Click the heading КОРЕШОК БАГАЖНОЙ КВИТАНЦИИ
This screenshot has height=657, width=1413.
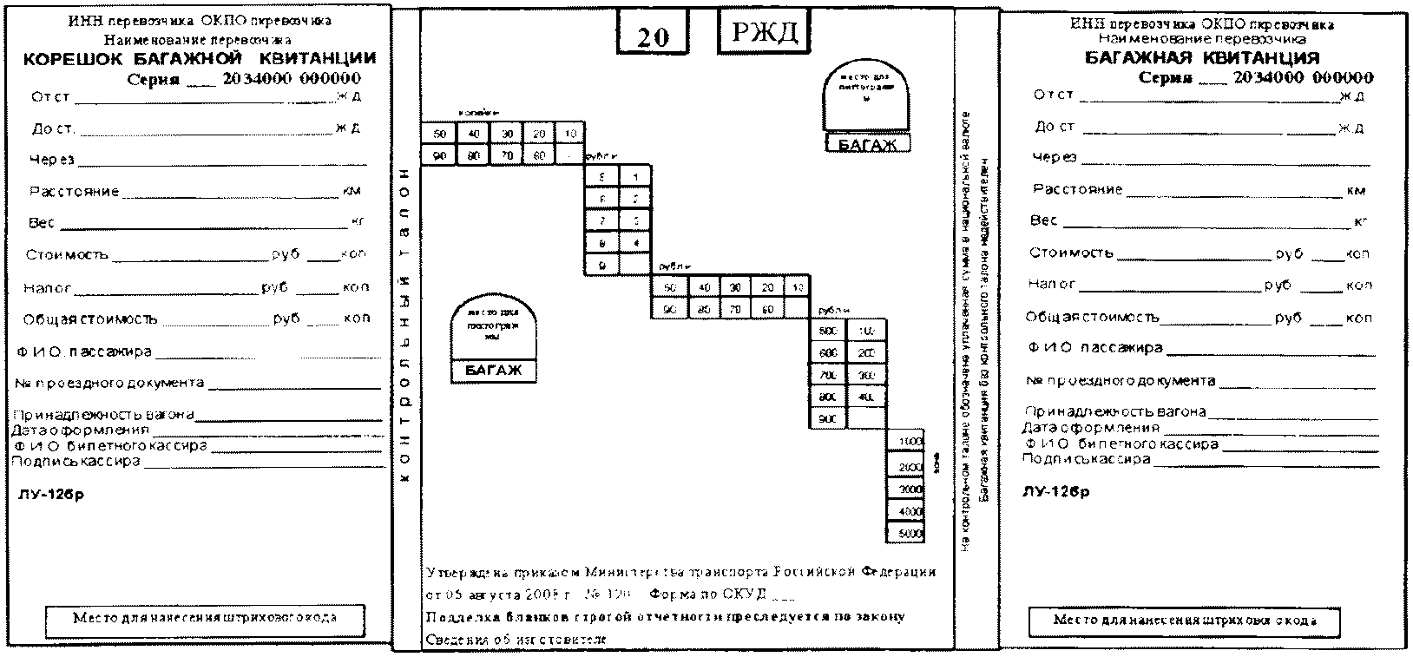(200, 59)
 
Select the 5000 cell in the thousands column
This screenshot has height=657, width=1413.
(906, 534)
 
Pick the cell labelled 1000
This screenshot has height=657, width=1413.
(906, 442)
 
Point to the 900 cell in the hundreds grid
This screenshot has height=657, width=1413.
(828, 419)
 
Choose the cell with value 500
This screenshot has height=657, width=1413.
(828, 331)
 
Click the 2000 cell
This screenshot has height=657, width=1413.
(906, 467)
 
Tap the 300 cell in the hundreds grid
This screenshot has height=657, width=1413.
(866, 375)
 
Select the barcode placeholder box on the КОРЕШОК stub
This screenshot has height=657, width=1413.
(205, 619)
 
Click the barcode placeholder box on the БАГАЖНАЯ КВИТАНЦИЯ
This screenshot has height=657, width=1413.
(1184, 621)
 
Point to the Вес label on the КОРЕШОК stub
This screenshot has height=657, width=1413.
(42, 223)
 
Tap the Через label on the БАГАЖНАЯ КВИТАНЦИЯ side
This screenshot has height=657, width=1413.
(1054, 157)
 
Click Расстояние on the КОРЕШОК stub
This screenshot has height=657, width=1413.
(74, 191)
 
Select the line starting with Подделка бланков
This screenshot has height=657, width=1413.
(665, 616)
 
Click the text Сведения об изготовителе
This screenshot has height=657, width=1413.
(516, 640)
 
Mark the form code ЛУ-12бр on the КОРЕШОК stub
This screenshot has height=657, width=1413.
(52, 496)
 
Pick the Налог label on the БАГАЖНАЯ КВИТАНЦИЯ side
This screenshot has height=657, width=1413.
(1052, 284)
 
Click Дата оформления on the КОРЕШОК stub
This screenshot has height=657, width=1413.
(81, 430)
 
